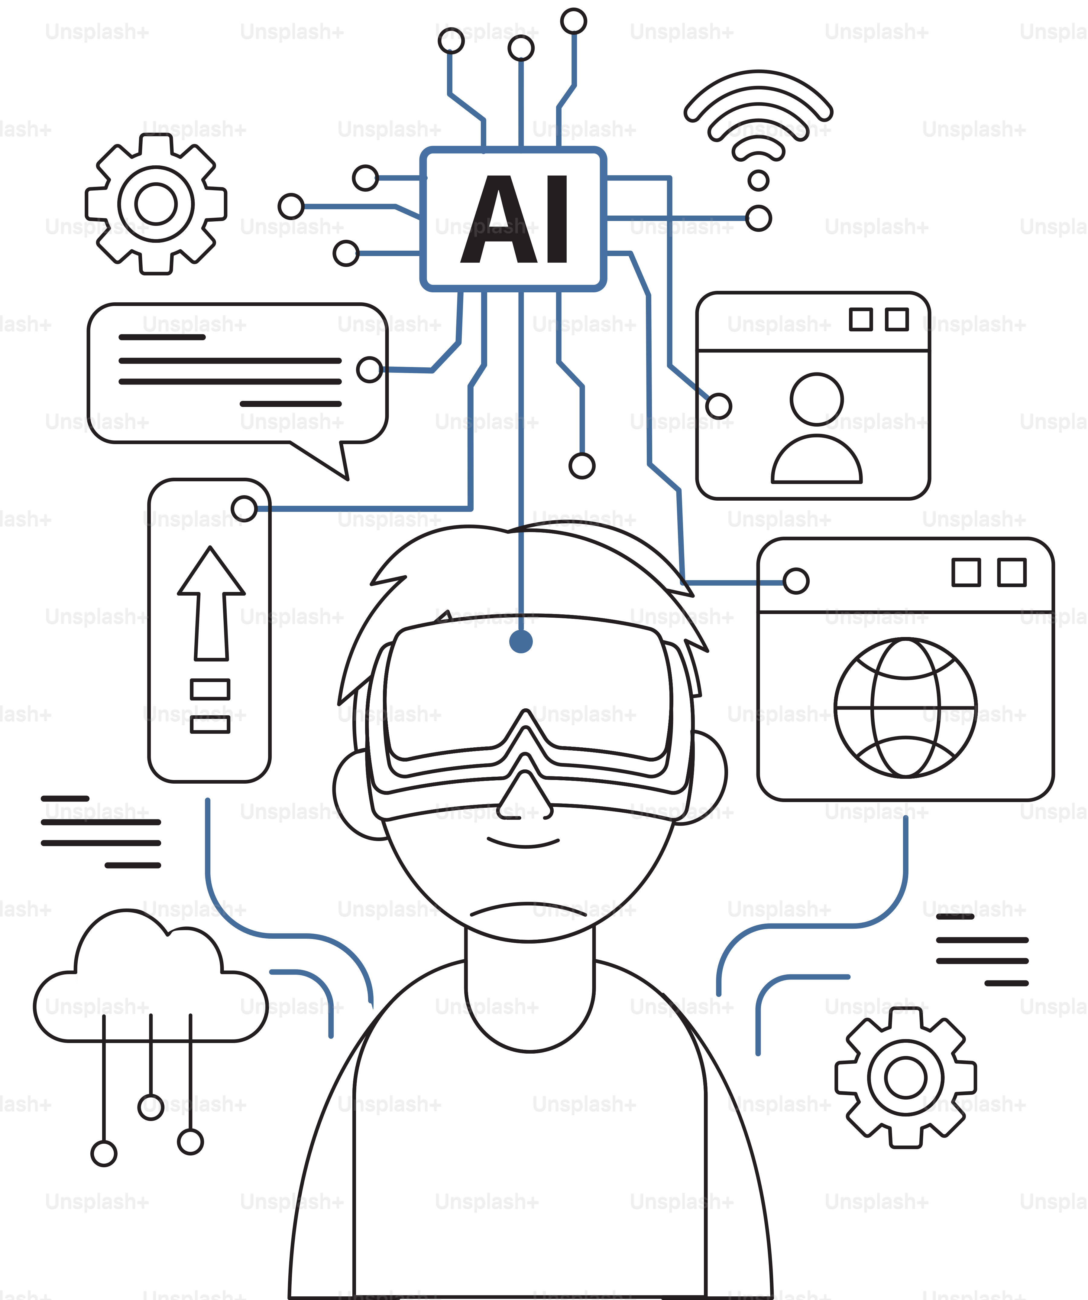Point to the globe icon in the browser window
pos(905,707)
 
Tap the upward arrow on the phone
pos(211,603)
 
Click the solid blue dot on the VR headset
pos(521,641)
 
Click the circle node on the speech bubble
pos(370,369)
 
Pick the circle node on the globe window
pos(796,581)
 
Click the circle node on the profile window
pos(718,406)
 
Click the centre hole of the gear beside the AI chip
pos(156,204)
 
